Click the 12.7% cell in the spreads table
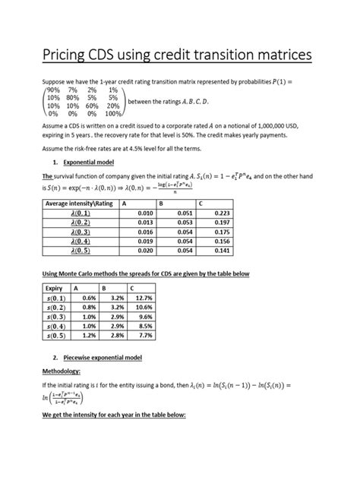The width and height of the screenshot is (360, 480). coord(134,299)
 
